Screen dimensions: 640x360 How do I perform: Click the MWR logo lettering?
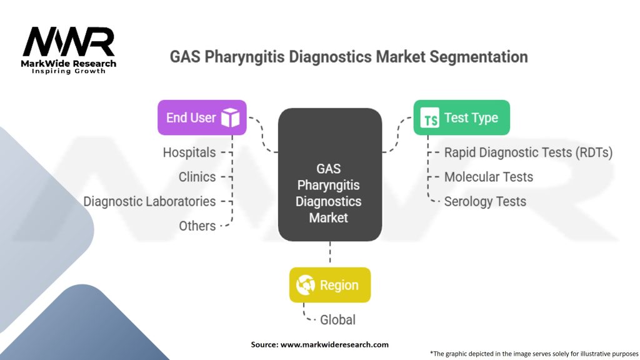pyautogui.click(x=69, y=42)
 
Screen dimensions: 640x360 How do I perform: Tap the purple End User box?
pyautogui.click(x=202, y=117)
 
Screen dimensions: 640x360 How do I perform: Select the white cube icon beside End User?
pyautogui.click(x=230, y=117)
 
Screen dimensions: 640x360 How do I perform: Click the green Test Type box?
pyautogui.click(x=462, y=117)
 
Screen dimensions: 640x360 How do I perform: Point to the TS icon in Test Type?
pyautogui.click(x=430, y=118)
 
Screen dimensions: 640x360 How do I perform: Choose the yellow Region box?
pyautogui.click(x=330, y=285)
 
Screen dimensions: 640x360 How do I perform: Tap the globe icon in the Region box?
pyautogui.click(x=305, y=285)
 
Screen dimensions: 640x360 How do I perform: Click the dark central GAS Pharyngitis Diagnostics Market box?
pyautogui.click(x=330, y=175)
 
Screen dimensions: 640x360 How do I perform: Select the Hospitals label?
pyautogui.click(x=189, y=152)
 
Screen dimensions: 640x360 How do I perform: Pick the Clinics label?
pyautogui.click(x=197, y=177)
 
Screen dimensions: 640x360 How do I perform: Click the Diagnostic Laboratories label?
pyautogui.click(x=149, y=202)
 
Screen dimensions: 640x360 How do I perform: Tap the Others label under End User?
pyautogui.click(x=197, y=226)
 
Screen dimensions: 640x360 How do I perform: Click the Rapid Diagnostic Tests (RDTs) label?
pyautogui.click(x=528, y=152)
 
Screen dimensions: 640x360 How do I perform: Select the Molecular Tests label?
pyautogui.click(x=489, y=177)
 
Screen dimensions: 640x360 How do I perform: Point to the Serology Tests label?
pyautogui.click(x=485, y=202)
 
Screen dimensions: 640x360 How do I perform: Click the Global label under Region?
pyautogui.click(x=337, y=320)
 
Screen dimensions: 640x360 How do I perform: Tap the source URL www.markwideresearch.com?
pyautogui.click(x=334, y=344)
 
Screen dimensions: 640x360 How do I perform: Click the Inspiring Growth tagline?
pyautogui.click(x=69, y=71)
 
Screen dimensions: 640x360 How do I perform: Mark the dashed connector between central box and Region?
pyautogui.click(x=330, y=252)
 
